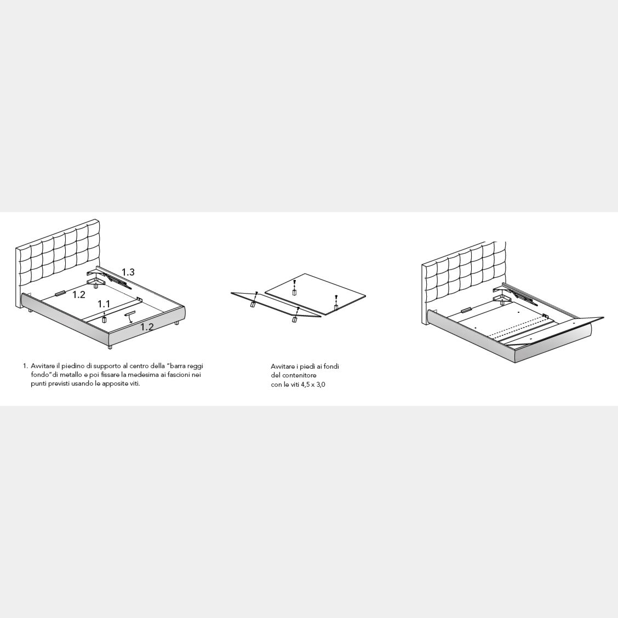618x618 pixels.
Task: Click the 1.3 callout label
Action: point(128,272)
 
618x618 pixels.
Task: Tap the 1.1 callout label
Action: point(104,304)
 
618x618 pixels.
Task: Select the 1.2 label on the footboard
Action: point(147,327)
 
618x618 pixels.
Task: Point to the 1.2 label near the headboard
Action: point(79,294)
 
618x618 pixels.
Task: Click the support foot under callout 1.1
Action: point(104,319)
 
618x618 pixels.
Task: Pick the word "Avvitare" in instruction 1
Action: point(43,366)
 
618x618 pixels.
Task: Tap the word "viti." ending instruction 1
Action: point(134,384)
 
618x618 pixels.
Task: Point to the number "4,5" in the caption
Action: point(306,384)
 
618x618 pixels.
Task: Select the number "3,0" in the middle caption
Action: point(321,384)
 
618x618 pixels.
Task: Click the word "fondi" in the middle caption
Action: point(332,366)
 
